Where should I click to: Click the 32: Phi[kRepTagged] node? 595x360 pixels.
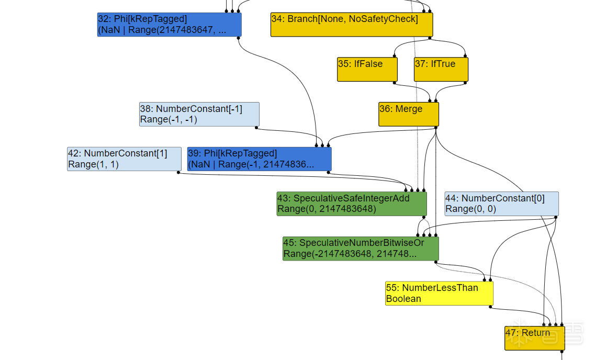pos(169,25)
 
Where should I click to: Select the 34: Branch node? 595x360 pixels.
pos(351,25)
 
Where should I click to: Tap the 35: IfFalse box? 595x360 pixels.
pos(367,69)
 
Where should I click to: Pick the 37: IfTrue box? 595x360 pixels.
pos(441,69)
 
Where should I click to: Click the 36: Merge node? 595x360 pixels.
pos(408,114)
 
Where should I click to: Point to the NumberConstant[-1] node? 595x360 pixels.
pos(199,114)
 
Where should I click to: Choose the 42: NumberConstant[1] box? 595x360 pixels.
pos(124,159)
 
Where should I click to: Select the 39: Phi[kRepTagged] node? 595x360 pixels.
pos(259,159)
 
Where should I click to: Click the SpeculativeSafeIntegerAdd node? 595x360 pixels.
pos(351,204)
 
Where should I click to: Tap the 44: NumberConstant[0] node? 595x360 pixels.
pos(501,204)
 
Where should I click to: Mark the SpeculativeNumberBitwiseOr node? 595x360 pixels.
pos(361,249)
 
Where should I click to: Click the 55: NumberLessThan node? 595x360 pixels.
pos(439,293)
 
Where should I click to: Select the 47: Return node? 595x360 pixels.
pos(534,338)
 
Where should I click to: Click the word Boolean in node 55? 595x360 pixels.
pos(403,299)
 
